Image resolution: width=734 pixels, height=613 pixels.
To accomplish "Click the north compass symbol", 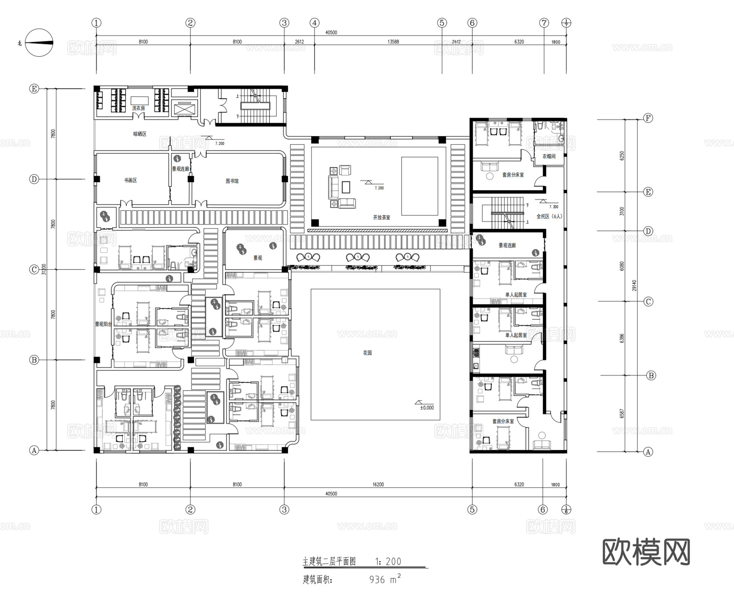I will tap(39, 43).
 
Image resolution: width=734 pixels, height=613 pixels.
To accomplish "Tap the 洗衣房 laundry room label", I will tap(138, 108).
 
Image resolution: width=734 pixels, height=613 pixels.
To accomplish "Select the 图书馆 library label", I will tap(232, 181).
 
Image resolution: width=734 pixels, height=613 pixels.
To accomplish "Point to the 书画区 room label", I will tap(130, 180).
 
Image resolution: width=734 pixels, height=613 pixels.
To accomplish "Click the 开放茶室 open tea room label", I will tap(381, 218).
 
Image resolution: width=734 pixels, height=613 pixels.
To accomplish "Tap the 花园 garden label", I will tap(367, 353).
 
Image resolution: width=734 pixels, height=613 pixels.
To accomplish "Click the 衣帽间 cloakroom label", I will tap(549, 156).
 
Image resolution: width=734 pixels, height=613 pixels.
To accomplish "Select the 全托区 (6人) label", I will tap(549, 216).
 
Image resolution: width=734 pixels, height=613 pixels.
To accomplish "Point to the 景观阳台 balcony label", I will tap(104, 324).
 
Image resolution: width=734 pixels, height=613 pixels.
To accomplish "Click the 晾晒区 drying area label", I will tap(139, 134).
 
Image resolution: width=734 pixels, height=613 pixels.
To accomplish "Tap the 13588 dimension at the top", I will tap(393, 42).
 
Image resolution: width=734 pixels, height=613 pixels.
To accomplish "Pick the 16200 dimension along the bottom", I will tap(378, 485).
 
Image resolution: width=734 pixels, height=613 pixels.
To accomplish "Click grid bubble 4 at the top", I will tap(314, 23).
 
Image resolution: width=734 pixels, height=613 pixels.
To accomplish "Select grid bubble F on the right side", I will tap(648, 118).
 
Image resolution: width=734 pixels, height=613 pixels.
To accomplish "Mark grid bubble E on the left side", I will tap(34, 89).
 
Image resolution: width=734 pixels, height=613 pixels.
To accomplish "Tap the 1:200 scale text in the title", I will tap(388, 562).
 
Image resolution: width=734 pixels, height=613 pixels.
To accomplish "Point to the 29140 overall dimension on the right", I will tap(635, 285).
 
